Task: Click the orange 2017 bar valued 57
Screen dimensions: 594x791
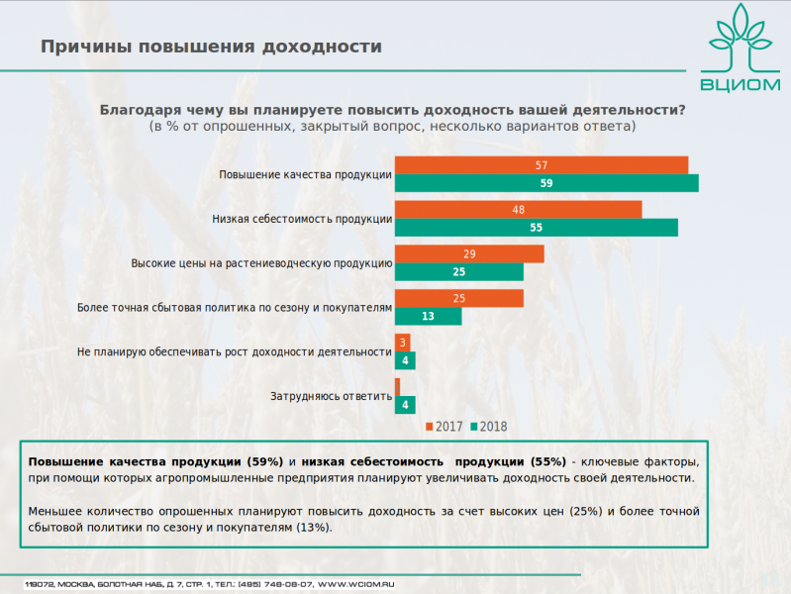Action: (x=542, y=165)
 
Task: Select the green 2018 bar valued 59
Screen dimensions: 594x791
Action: (x=546, y=183)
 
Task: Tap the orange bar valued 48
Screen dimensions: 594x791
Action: (x=518, y=210)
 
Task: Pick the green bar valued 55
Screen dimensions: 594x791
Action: (x=536, y=228)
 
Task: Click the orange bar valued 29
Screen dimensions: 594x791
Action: (x=469, y=254)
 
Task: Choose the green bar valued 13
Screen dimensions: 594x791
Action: (x=428, y=317)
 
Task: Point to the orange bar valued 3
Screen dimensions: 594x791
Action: (x=400, y=343)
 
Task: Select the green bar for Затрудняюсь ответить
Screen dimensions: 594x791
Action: (x=404, y=405)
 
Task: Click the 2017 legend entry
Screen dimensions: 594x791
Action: (x=445, y=427)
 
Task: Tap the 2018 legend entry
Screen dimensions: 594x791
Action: (x=488, y=427)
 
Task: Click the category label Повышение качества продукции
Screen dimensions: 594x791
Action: (x=306, y=175)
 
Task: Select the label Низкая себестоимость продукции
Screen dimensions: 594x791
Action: (x=303, y=219)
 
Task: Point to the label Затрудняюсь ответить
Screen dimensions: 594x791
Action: (x=332, y=397)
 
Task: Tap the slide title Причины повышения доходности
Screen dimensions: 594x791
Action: (x=211, y=48)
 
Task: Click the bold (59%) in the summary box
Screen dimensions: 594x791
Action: (x=262, y=462)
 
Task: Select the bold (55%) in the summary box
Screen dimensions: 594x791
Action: (x=548, y=462)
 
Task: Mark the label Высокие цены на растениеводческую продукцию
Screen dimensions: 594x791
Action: (x=262, y=263)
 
